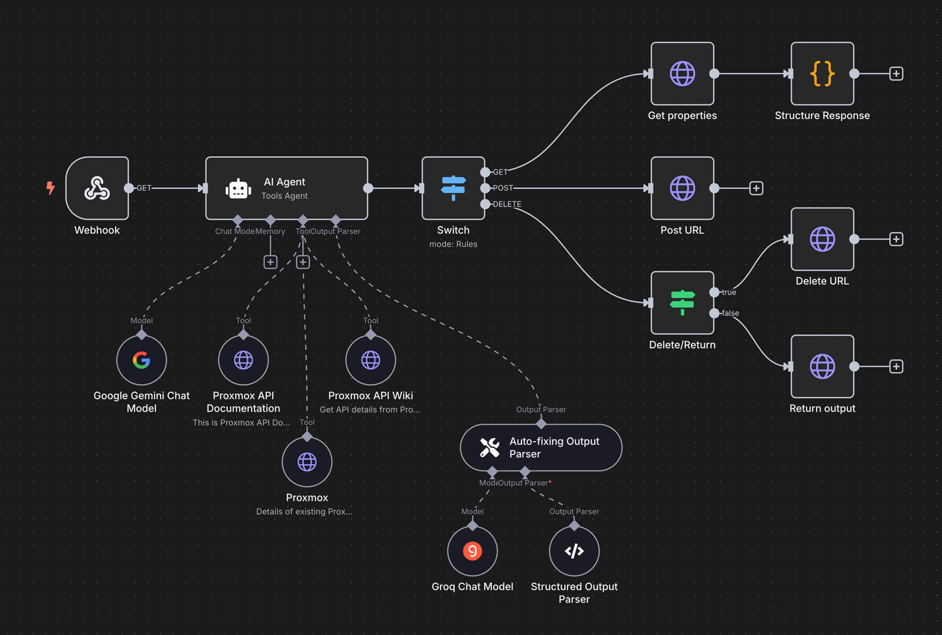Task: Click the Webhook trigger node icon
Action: pos(97,188)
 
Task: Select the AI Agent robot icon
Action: pos(238,189)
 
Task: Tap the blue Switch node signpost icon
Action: pos(453,188)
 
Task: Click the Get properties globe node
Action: pos(682,74)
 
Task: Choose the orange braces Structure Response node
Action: pos(822,74)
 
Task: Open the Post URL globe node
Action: pos(682,188)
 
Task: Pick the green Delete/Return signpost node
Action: pos(682,303)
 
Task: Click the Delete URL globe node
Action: pos(822,239)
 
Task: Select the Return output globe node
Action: pos(822,366)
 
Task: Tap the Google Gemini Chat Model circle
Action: pos(141,360)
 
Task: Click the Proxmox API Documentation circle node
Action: pos(243,360)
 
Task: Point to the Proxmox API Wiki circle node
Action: pos(371,360)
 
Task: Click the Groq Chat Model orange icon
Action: pos(472,551)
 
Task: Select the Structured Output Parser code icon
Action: pos(574,551)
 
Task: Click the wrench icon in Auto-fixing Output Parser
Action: pos(489,447)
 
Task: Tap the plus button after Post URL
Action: pos(756,188)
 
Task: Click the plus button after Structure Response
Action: pos(896,74)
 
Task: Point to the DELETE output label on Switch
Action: pos(507,204)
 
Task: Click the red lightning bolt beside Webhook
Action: pos(51,188)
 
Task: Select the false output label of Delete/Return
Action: pos(730,313)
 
